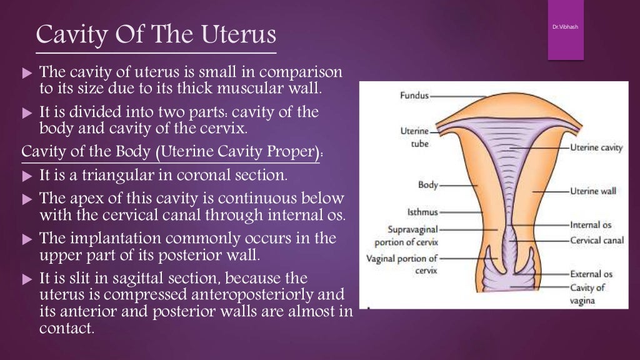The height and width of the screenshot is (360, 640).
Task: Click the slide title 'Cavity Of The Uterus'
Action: pyautogui.click(x=156, y=34)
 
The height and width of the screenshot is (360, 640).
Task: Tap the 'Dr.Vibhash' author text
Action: pyautogui.click(x=566, y=27)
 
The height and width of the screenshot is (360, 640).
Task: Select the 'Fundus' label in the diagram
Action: pyautogui.click(x=414, y=96)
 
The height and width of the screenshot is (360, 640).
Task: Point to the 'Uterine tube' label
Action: pyautogui.click(x=414, y=137)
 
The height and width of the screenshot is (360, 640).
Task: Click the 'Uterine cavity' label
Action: pyautogui.click(x=596, y=147)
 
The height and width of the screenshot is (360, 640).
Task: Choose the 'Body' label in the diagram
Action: pyautogui.click(x=428, y=185)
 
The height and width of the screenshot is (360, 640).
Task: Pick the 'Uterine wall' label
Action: pyautogui.click(x=593, y=191)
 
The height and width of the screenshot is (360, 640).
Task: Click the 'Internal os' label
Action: pyautogui.click(x=591, y=224)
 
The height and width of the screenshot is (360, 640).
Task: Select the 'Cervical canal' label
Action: pyautogui.click(x=596, y=240)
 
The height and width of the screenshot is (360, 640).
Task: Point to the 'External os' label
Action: pyautogui.click(x=591, y=274)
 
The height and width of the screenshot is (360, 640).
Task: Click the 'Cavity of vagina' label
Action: pyautogui.click(x=587, y=294)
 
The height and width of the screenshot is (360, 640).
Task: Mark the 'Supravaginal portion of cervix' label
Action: pyautogui.click(x=406, y=236)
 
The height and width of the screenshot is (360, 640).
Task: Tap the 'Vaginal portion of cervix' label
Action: pyautogui.click(x=402, y=264)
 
